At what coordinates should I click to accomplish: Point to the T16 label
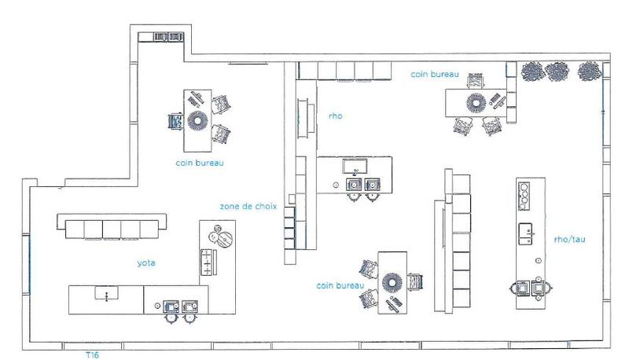click(93, 354)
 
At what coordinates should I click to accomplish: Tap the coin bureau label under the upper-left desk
click(200, 163)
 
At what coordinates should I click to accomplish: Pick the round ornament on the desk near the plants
click(476, 102)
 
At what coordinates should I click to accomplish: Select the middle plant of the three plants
click(557, 72)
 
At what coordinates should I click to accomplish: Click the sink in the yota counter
click(102, 293)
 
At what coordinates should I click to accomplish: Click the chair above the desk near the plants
click(475, 82)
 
